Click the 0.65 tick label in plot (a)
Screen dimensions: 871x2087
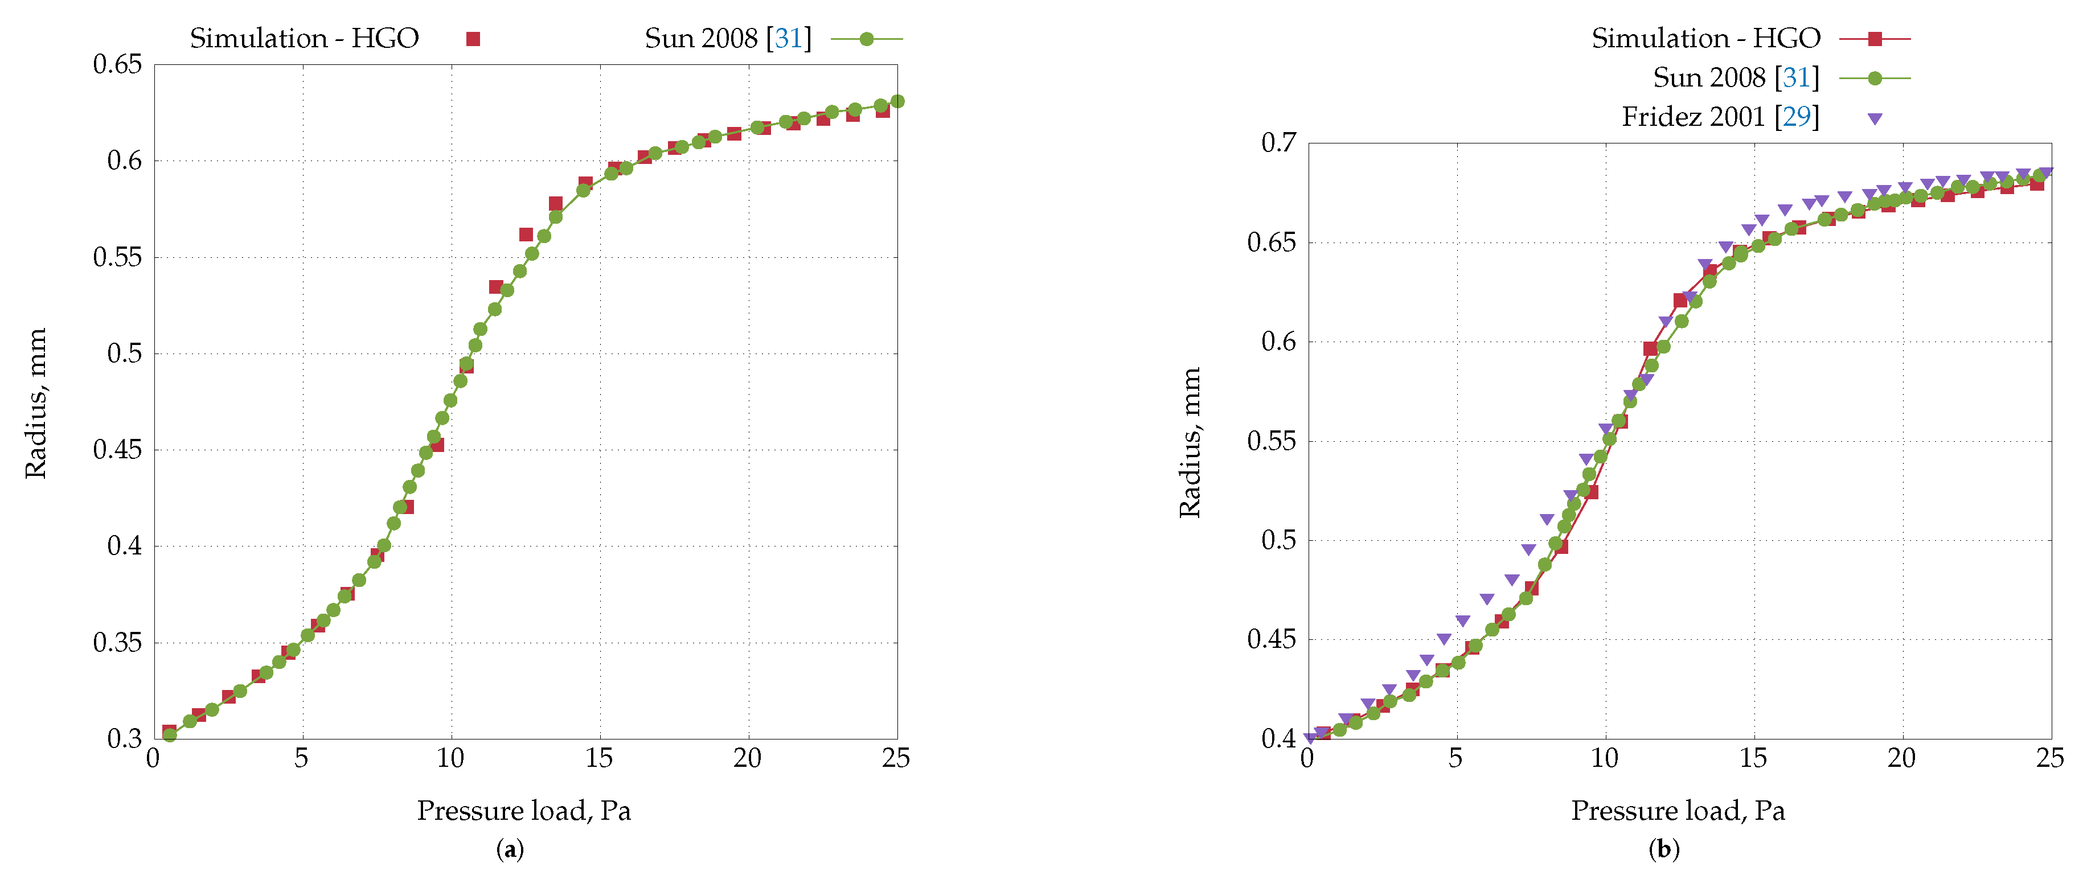coord(117,65)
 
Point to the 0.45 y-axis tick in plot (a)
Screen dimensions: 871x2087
coord(117,450)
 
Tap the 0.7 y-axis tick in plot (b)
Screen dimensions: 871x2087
coord(1278,143)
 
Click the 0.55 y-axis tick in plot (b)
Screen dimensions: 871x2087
coord(1271,442)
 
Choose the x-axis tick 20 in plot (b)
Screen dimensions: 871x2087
coord(1901,758)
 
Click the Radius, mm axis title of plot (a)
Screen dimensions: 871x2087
coord(36,402)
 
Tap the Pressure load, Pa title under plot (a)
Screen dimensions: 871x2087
coord(523,810)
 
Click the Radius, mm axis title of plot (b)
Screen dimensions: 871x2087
coord(1190,442)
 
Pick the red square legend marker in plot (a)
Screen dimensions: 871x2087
coord(473,39)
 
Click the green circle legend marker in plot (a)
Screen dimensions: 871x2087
coord(866,39)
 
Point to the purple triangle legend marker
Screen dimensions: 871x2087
coord(1875,118)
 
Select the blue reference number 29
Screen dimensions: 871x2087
coord(1796,117)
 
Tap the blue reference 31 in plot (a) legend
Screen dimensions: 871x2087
coord(788,39)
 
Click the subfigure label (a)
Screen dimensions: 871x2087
coord(510,849)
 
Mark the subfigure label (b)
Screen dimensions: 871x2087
coord(1664,849)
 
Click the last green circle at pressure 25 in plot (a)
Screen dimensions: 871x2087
coord(897,101)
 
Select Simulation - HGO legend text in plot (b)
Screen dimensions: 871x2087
coord(1705,39)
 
